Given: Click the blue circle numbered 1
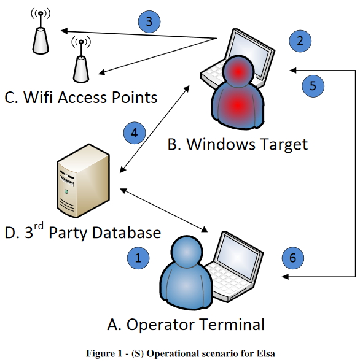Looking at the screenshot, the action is pyautogui.click(x=138, y=258).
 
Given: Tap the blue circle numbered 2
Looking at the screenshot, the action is pyautogui.click(x=300, y=41).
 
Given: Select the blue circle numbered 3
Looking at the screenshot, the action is pyautogui.click(x=149, y=21).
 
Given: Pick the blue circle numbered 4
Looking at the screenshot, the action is pyautogui.click(x=135, y=133).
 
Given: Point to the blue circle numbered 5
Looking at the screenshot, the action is pyautogui.click(x=313, y=86).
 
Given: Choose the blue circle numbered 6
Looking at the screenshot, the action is pyautogui.click(x=292, y=258).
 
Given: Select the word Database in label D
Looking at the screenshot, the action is pyautogui.click(x=126, y=233).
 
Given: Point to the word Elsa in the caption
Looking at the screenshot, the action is pyautogui.click(x=265, y=353).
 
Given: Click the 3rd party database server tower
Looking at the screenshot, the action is pyautogui.click(x=83, y=181).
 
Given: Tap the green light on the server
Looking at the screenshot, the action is pyautogui.click(x=66, y=191).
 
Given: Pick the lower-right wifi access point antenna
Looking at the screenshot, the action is pyautogui.click(x=81, y=60).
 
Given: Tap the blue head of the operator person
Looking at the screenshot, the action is pyautogui.click(x=187, y=252).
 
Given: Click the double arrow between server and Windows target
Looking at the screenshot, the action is pyautogui.click(x=154, y=129).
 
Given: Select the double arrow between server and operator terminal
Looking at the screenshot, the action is pyautogui.click(x=163, y=210).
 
